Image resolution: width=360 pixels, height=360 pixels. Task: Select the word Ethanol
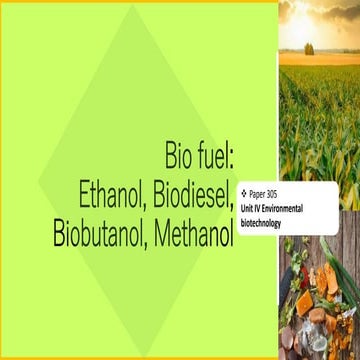[121, 194]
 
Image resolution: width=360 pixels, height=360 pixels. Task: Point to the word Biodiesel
[203, 194]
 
